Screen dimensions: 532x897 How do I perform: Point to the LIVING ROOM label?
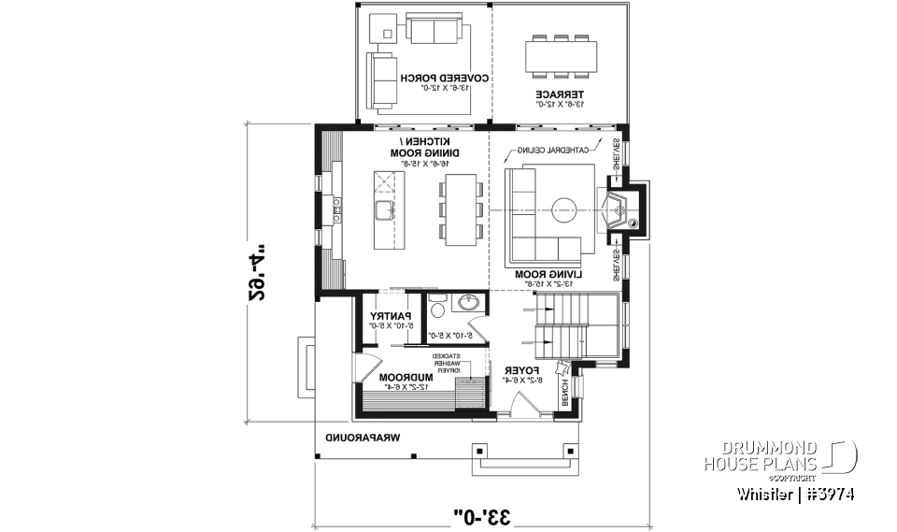pyautogui.click(x=548, y=274)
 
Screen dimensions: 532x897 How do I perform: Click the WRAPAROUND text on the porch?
pyautogui.click(x=363, y=438)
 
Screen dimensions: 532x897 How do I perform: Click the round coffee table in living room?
pyautogui.click(x=564, y=209)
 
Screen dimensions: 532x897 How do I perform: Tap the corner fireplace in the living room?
pyautogui.click(x=619, y=209)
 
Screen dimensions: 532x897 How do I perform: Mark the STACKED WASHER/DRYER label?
pyautogui.click(x=449, y=362)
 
